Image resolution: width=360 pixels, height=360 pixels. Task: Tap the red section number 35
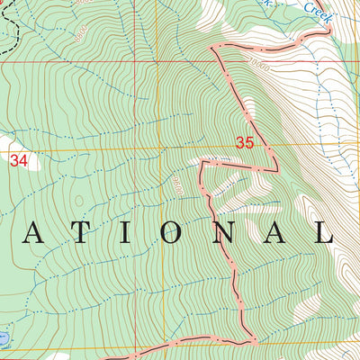245,142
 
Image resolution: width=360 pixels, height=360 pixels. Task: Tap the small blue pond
4,337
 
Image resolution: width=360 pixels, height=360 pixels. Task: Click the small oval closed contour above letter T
79,201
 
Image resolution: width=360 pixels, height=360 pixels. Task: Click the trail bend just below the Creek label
306,34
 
